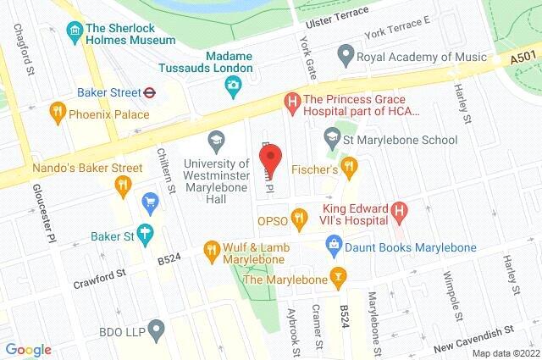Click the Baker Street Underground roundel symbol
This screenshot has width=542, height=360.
click(148, 93)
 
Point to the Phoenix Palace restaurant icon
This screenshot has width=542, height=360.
click(58, 110)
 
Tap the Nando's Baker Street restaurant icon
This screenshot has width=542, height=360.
click(124, 184)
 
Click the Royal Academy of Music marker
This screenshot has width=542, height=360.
click(344, 58)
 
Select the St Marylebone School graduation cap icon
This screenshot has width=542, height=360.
click(333, 136)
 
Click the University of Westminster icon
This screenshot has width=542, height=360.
click(216, 138)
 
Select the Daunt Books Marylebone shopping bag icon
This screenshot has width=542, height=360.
click(335, 246)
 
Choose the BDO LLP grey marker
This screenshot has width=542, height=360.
click(154, 329)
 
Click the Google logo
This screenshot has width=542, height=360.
click(28, 350)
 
